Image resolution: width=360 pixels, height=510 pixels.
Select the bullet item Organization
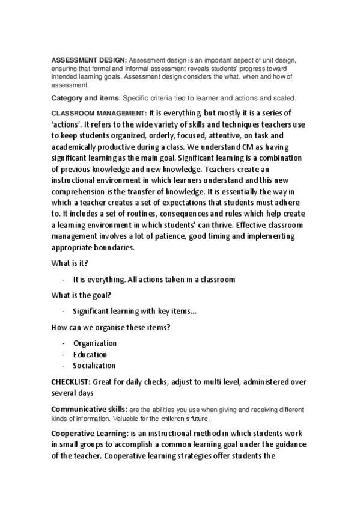[x=95, y=343]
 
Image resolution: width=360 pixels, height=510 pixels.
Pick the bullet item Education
[x=90, y=355]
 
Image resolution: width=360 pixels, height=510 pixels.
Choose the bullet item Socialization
[x=94, y=366]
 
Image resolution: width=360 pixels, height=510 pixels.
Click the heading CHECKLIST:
[x=71, y=381]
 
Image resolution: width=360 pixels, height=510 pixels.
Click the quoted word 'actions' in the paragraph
[x=70, y=124]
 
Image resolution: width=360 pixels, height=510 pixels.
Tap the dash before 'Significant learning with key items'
[x=63, y=312]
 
